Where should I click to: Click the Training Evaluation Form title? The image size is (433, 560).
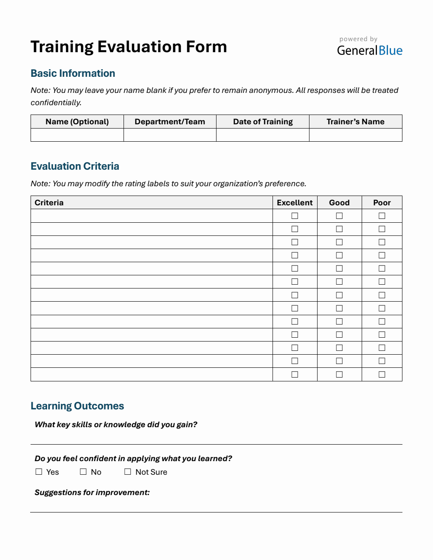(129, 47)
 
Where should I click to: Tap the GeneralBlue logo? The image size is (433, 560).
(369, 50)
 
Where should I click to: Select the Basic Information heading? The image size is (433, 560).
(73, 73)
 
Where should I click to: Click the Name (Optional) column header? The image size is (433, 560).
(77, 122)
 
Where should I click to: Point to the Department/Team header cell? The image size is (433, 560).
(170, 122)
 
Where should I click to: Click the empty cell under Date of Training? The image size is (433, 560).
(263, 135)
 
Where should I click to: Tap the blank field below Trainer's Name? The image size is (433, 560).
(355, 135)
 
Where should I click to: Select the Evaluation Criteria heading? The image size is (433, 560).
(75, 166)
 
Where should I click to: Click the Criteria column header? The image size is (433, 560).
(49, 203)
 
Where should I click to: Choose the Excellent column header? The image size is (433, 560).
(295, 203)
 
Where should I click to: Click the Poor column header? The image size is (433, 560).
(382, 203)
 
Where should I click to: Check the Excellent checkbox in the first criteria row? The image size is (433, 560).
(295, 216)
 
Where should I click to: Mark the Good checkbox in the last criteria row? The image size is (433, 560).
(339, 375)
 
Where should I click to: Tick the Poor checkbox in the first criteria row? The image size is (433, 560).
(382, 216)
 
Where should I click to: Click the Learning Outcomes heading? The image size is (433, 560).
(77, 406)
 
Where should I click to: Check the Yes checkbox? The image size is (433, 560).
(39, 472)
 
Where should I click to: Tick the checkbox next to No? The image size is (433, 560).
(83, 472)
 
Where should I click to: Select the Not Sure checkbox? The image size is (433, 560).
(128, 472)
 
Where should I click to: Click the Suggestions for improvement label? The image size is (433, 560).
(92, 493)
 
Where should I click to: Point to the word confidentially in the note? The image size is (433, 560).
(56, 103)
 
